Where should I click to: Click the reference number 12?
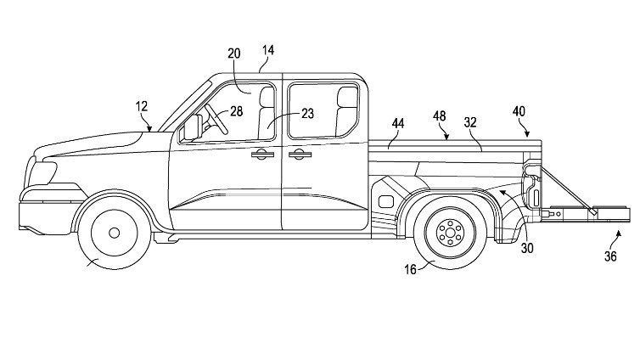coord(142,106)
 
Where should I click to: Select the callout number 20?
coord(234,53)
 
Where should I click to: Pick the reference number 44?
coord(398,124)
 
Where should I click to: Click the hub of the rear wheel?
coord(449,231)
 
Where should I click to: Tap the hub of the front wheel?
coord(113,232)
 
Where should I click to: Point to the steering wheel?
coord(215,121)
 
